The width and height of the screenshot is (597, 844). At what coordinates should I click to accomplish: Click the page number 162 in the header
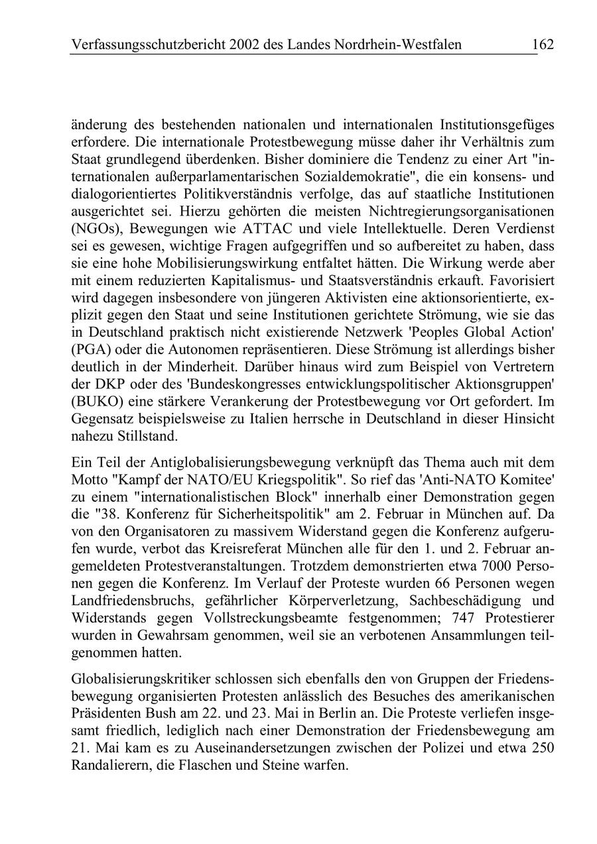542,44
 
